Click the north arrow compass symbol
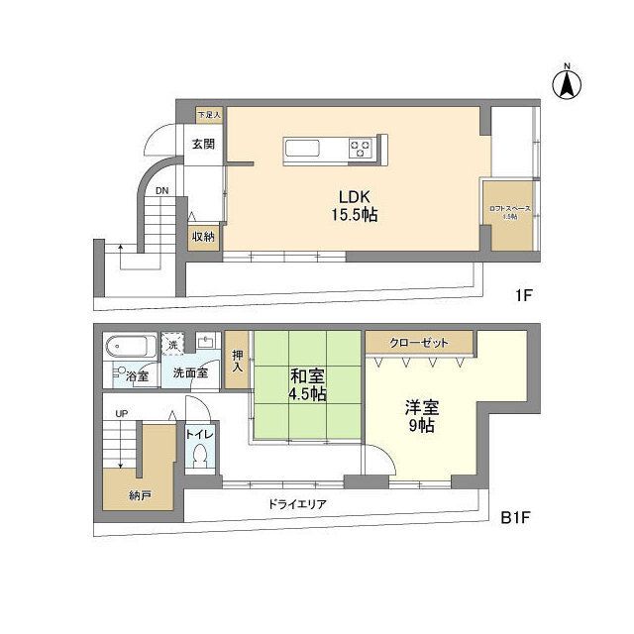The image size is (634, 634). [568, 84]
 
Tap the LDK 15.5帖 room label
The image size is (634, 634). [354, 204]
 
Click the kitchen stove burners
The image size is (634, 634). [361, 150]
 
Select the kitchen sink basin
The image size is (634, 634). [303, 150]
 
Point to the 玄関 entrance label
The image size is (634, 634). [203, 144]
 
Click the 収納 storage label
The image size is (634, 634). [203, 237]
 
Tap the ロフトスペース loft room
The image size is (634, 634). [509, 212]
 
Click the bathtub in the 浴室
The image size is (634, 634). [130, 348]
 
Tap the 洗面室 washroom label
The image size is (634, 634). [189, 373]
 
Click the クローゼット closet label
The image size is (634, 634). [418, 343]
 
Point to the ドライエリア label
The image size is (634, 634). [297, 504]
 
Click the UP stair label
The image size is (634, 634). [122, 413]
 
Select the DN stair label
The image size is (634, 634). [162, 190]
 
